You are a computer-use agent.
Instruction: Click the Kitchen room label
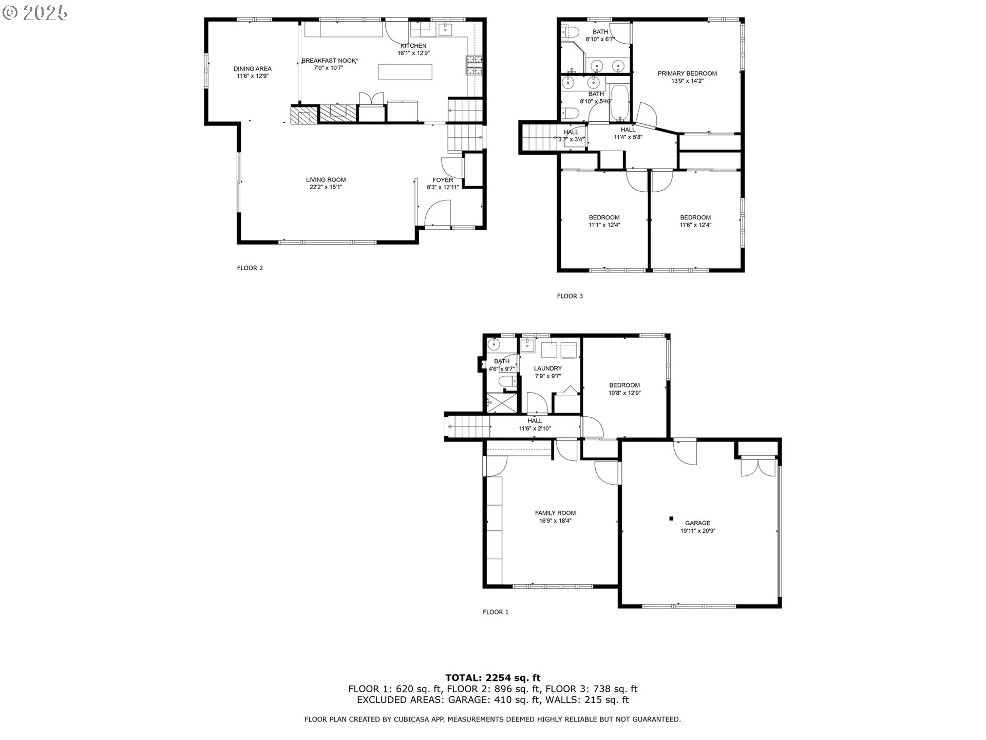coord(413,46)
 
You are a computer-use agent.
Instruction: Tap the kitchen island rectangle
coord(406,72)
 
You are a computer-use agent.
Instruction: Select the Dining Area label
coord(252,69)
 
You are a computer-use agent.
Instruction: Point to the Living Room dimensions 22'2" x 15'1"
coord(326,187)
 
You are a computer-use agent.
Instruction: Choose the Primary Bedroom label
coord(687,73)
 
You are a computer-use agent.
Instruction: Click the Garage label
coord(697,523)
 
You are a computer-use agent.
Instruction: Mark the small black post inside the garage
coord(671,519)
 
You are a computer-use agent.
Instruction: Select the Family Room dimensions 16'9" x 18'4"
coord(555,521)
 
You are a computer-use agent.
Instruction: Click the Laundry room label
coord(547,368)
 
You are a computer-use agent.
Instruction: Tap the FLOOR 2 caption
coord(250,268)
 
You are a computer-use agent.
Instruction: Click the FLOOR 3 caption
coord(570,296)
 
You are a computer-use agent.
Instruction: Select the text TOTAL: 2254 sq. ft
coord(492,678)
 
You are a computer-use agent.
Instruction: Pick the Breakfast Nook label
coord(329,61)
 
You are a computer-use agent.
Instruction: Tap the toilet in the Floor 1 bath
coord(507,381)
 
